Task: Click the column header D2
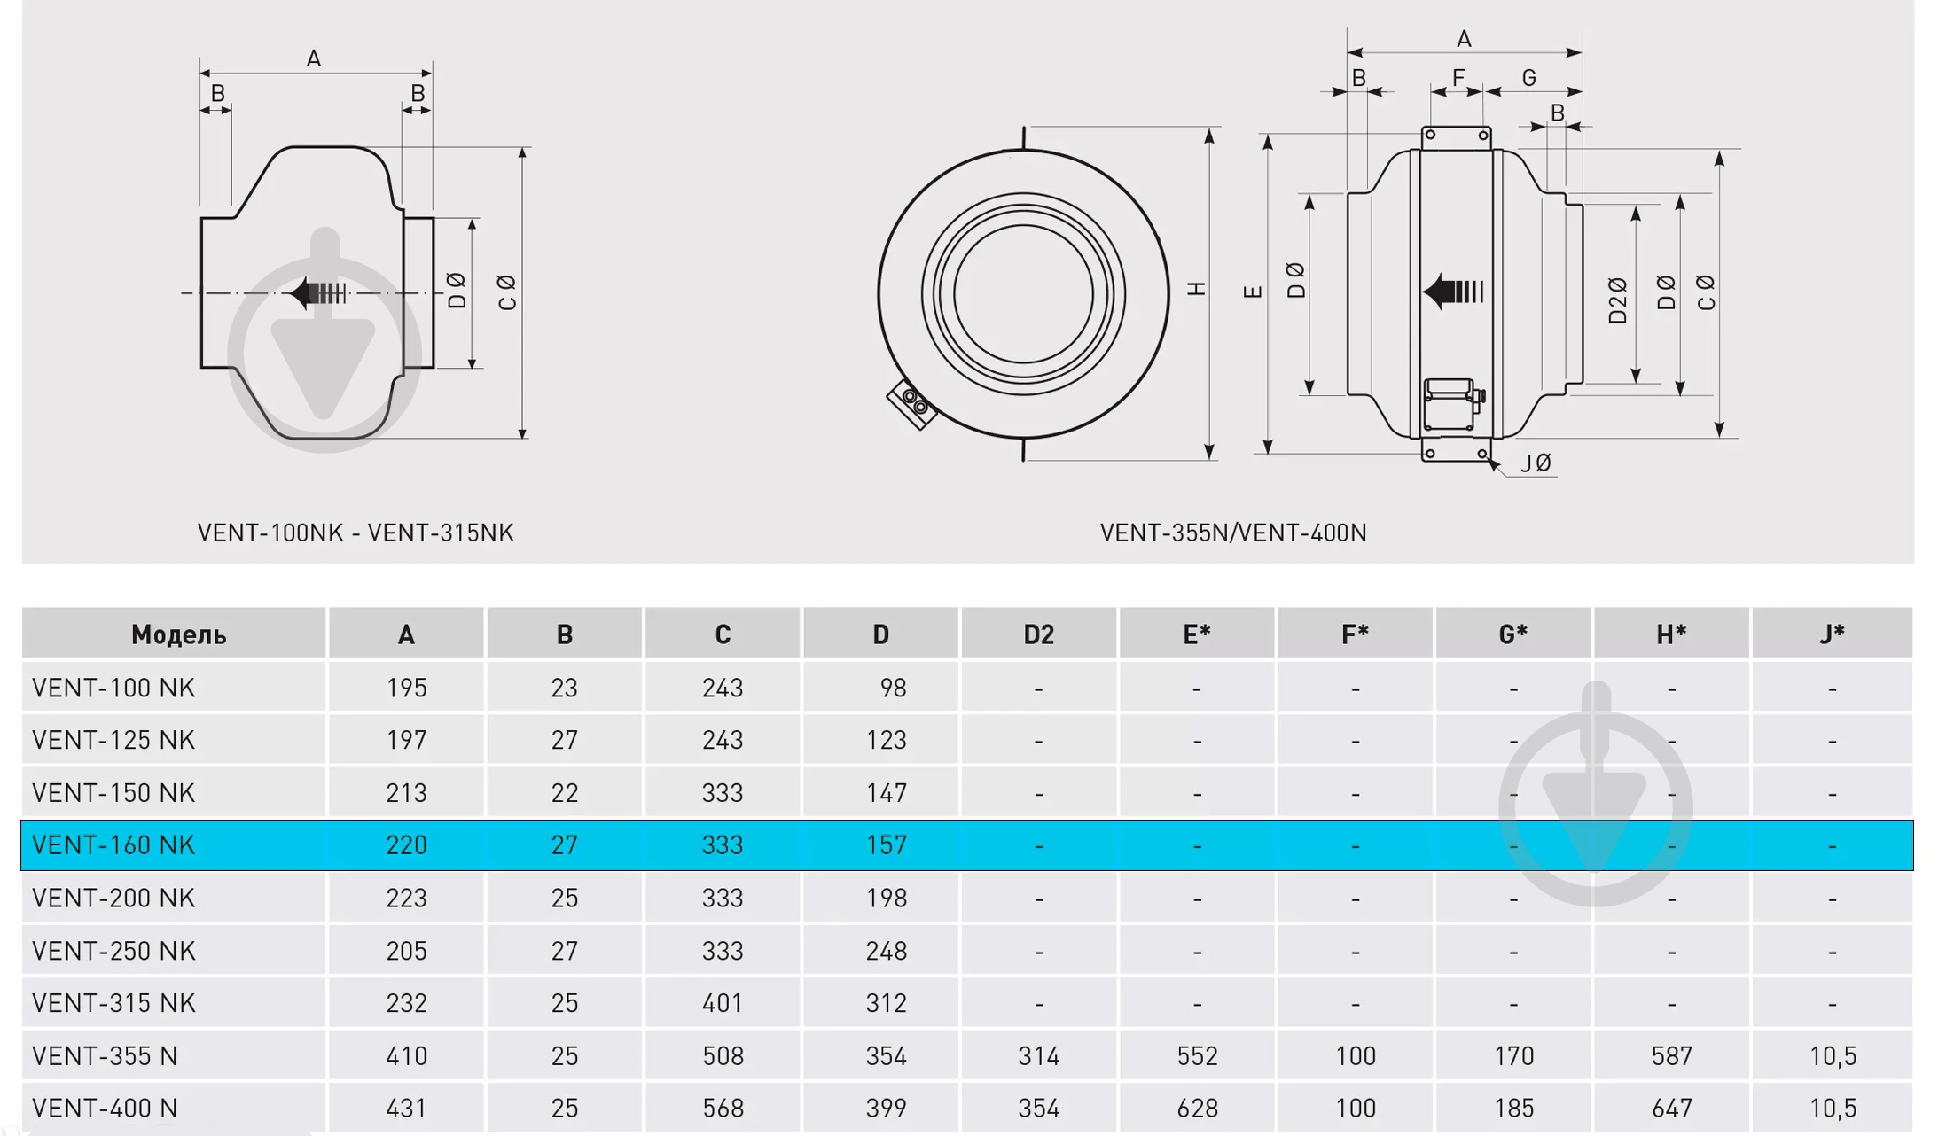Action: tap(1038, 634)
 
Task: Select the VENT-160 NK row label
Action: tap(113, 845)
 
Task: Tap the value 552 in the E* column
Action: tap(1197, 1056)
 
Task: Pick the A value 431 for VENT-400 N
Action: tap(406, 1109)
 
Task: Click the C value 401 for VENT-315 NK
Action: tap(723, 1003)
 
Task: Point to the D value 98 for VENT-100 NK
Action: tap(892, 689)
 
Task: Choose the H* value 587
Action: tap(1671, 1056)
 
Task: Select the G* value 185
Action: tap(1513, 1109)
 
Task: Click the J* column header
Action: tap(1832, 634)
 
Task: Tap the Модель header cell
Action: tap(178, 634)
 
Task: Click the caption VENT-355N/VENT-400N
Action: tap(1233, 533)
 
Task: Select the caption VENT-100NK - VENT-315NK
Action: tap(356, 533)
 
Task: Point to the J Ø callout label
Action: tap(1536, 463)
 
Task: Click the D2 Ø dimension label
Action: tap(1618, 300)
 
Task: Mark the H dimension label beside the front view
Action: tap(1196, 289)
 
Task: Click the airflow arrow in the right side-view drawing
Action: tap(1452, 291)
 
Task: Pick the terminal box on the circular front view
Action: tap(912, 404)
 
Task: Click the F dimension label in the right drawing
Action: tap(1458, 78)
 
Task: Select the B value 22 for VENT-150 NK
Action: tap(565, 793)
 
